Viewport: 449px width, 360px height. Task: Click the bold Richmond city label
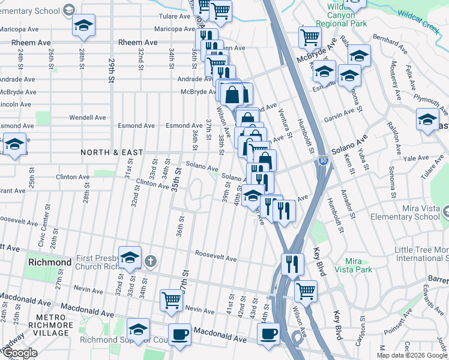pos(50,263)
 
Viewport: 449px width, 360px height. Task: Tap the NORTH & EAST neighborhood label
pos(112,152)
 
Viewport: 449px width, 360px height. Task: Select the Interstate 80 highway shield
pos(324,161)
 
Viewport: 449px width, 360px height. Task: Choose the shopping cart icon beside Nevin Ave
pos(172,299)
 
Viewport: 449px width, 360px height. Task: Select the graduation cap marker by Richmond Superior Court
pos(138,329)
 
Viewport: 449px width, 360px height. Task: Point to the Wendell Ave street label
pos(87,118)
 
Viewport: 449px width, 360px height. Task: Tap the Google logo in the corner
pos(20,353)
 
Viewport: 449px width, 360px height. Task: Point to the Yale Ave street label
pos(415,158)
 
